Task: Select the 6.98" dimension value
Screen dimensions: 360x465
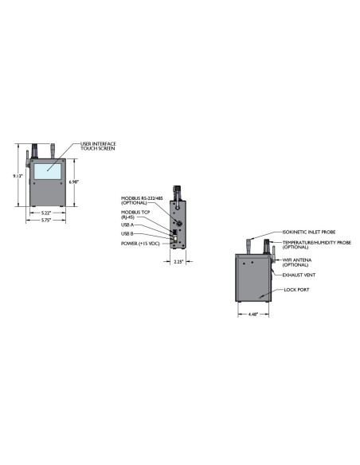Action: pos(73,182)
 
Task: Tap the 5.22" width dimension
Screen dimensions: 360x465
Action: pos(46,213)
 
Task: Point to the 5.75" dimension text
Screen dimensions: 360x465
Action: pos(46,220)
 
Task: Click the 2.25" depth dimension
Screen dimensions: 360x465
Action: pos(178,262)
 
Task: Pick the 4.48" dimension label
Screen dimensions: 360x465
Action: pos(253,315)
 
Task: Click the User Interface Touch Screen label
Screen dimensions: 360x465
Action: pos(98,146)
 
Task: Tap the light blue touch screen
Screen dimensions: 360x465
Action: pos(48,171)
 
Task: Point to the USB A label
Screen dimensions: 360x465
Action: pos(127,225)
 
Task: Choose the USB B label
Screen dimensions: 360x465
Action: pos(127,234)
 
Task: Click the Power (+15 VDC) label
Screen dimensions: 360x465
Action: pos(140,244)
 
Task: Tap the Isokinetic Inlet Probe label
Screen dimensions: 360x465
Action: pos(309,232)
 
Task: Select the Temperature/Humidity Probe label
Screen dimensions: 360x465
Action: pos(316,244)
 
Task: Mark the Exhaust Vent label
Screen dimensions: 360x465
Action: pos(299,275)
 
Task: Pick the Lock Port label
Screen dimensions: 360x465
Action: pos(296,290)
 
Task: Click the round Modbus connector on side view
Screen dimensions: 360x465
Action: pos(179,224)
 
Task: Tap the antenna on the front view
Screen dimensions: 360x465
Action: pos(27,158)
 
